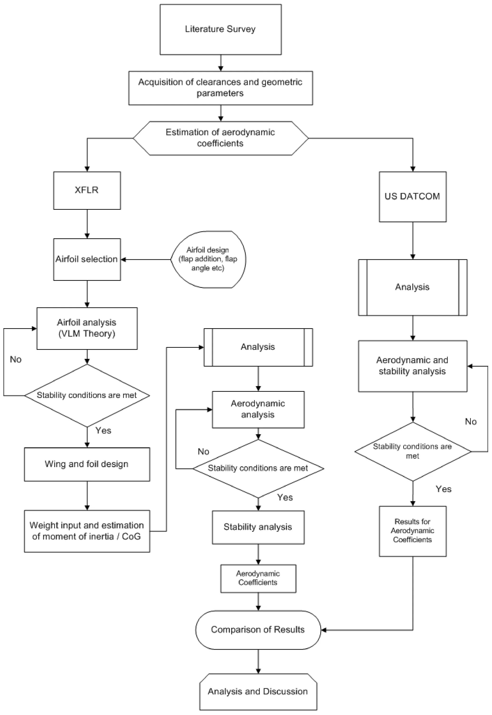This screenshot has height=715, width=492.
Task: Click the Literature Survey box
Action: coord(221,29)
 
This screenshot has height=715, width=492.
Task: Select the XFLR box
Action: coord(87,190)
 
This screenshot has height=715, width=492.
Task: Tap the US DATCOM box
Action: coord(413,197)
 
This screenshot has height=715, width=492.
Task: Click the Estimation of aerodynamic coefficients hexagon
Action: coord(221,138)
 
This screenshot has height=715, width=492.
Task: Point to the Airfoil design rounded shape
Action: coord(208,259)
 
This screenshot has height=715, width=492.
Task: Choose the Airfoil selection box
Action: coord(87,259)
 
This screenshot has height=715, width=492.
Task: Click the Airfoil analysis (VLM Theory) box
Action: coord(87,328)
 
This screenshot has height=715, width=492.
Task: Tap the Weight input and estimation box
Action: coord(87,531)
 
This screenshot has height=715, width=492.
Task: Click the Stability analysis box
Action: coord(258,527)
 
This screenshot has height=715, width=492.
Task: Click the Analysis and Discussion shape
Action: coord(258,692)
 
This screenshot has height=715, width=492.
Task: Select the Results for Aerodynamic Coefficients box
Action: coord(413,531)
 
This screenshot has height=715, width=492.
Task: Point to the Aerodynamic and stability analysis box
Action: coord(413,366)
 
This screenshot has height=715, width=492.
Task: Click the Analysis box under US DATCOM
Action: coord(413,287)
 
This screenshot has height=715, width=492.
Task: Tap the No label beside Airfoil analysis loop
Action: coord(16,359)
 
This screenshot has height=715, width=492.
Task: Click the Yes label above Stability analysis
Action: coord(285,497)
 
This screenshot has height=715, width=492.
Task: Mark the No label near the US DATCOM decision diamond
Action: coord(471,422)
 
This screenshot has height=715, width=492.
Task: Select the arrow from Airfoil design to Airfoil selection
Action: coord(146,260)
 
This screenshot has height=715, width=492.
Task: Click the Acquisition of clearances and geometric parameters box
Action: coord(221,88)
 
